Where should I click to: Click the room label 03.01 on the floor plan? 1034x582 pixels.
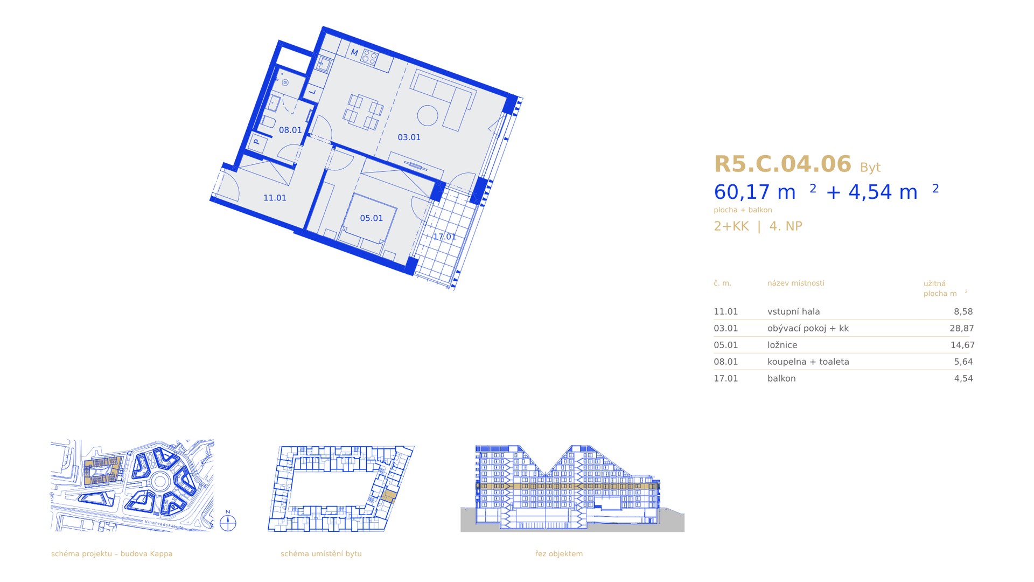click(x=409, y=137)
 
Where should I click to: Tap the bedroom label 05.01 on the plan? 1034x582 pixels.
click(x=371, y=218)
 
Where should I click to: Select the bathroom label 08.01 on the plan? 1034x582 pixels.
click(x=290, y=130)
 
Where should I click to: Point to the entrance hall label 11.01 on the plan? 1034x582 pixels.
click(x=275, y=198)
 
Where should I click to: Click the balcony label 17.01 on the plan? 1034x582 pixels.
click(x=444, y=237)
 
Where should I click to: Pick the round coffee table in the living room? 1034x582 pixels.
click(x=428, y=115)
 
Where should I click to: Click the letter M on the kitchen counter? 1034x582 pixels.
click(x=354, y=53)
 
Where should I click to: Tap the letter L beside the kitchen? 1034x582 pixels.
click(x=312, y=92)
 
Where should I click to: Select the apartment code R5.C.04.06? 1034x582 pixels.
click(x=783, y=164)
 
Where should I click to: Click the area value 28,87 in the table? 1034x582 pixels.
click(x=961, y=328)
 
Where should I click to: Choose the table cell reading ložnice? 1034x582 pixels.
click(x=782, y=345)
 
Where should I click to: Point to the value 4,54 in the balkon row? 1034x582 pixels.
click(x=963, y=378)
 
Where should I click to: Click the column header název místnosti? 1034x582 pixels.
click(x=795, y=283)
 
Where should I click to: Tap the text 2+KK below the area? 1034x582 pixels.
click(x=731, y=226)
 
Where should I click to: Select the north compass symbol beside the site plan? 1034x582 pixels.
click(x=228, y=523)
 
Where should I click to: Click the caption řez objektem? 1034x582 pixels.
click(x=558, y=554)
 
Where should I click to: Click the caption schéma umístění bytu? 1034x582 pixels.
click(x=321, y=554)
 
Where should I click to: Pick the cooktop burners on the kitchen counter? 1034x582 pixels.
click(x=369, y=57)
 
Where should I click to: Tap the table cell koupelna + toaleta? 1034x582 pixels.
click(x=808, y=362)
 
